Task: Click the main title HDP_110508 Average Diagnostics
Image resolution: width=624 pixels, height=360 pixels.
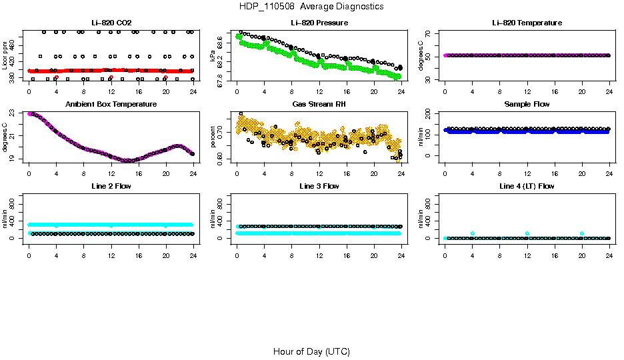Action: click(311, 7)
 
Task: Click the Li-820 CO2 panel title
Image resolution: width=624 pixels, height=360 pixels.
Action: click(111, 23)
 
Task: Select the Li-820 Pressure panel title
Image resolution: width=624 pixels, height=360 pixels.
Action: click(319, 23)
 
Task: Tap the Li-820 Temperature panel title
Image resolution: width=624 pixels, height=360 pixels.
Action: click(527, 23)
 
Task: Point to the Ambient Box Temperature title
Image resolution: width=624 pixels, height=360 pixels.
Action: click(111, 105)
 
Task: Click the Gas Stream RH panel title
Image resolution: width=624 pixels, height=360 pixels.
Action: click(319, 105)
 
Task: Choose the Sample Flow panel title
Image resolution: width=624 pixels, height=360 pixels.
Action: click(527, 105)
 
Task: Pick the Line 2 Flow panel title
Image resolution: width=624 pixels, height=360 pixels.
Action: click(111, 186)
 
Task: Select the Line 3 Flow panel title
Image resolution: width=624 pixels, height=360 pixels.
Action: click(319, 186)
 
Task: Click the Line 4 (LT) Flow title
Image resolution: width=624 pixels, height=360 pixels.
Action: click(527, 186)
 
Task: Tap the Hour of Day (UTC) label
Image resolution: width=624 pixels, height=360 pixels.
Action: click(311, 351)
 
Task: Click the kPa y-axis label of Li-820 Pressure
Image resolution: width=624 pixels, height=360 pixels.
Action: click(213, 55)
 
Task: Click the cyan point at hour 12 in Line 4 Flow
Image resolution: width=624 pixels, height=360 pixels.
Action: click(527, 233)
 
